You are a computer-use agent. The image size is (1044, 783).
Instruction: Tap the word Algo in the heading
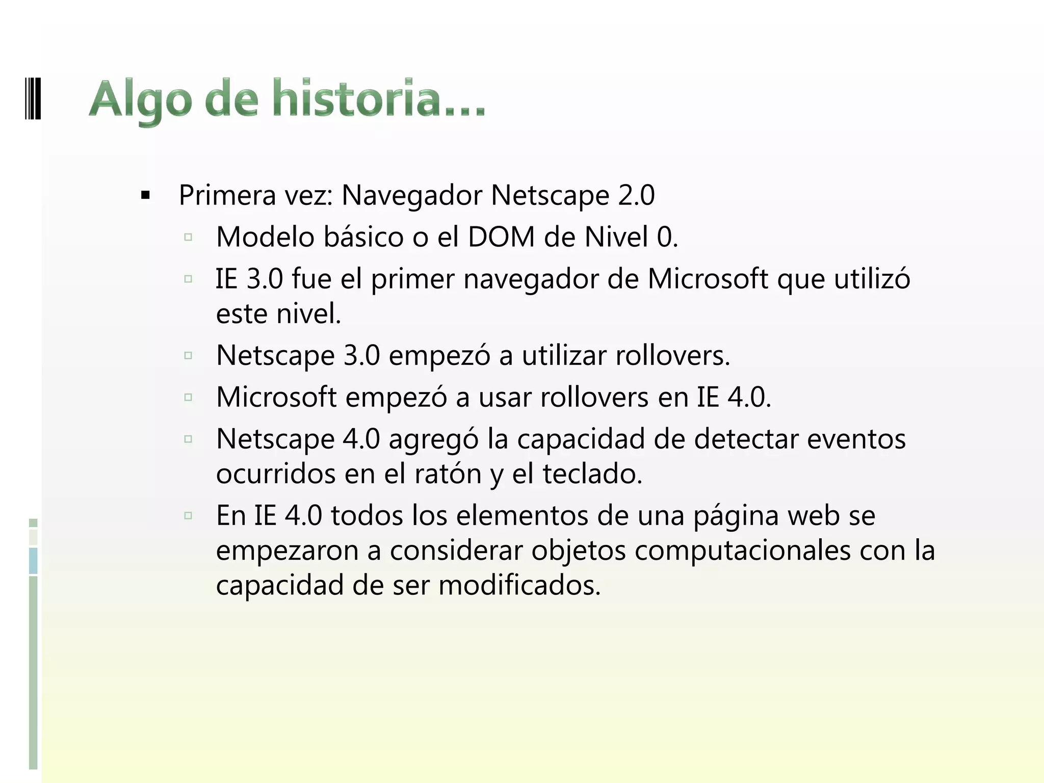[x=141, y=100]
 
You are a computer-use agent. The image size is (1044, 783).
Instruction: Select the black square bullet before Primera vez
[x=146, y=195]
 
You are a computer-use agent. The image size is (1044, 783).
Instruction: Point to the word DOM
[x=501, y=237]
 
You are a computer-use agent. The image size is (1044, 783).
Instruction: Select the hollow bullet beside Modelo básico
[x=188, y=237]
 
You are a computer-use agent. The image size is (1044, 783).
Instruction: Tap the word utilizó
[x=872, y=279]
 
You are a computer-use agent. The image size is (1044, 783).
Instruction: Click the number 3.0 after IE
[x=264, y=279]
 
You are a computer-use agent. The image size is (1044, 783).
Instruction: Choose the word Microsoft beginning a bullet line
[x=276, y=397]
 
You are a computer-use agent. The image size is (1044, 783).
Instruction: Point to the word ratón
[x=448, y=474]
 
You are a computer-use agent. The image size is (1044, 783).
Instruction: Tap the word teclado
[x=592, y=474]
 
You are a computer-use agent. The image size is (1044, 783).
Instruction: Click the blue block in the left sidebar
[x=33, y=561]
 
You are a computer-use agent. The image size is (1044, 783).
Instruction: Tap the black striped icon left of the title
[x=33, y=98]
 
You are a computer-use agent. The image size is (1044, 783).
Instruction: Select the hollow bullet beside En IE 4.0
[x=188, y=515]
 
